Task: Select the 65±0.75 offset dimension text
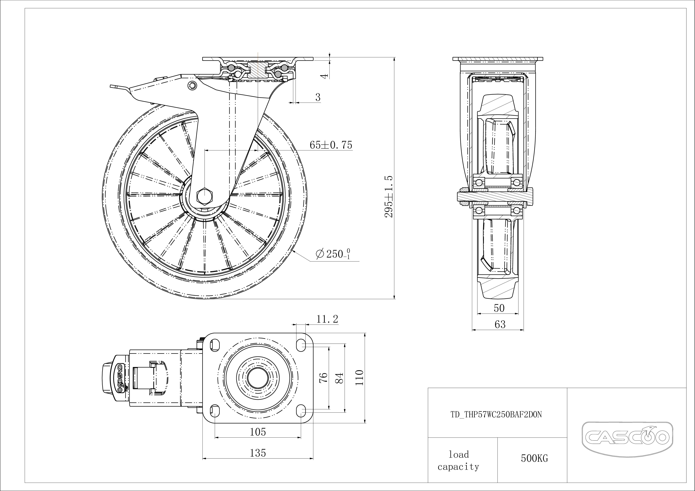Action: pos(331,145)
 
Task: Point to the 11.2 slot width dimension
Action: pos(327,319)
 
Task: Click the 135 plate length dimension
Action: pos(258,453)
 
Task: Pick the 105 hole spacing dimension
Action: pos(258,432)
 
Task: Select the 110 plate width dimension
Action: pos(359,378)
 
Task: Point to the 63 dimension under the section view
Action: pos(500,325)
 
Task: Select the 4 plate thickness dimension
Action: pos(324,76)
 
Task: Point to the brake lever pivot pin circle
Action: pos(192,85)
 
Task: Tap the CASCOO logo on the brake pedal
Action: pos(120,378)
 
